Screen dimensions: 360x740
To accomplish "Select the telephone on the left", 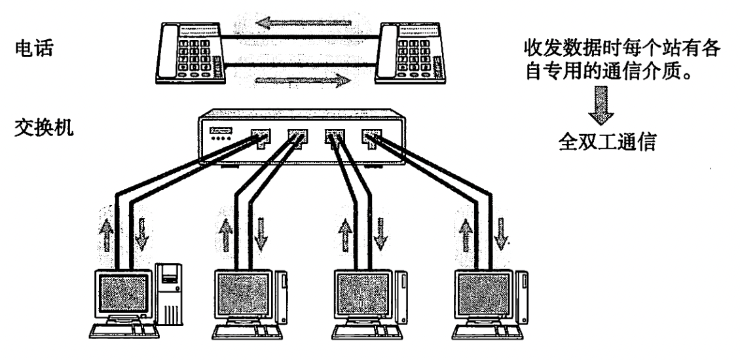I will [x=190, y=54].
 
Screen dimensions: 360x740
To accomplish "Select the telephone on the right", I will [x=409, y=54].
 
